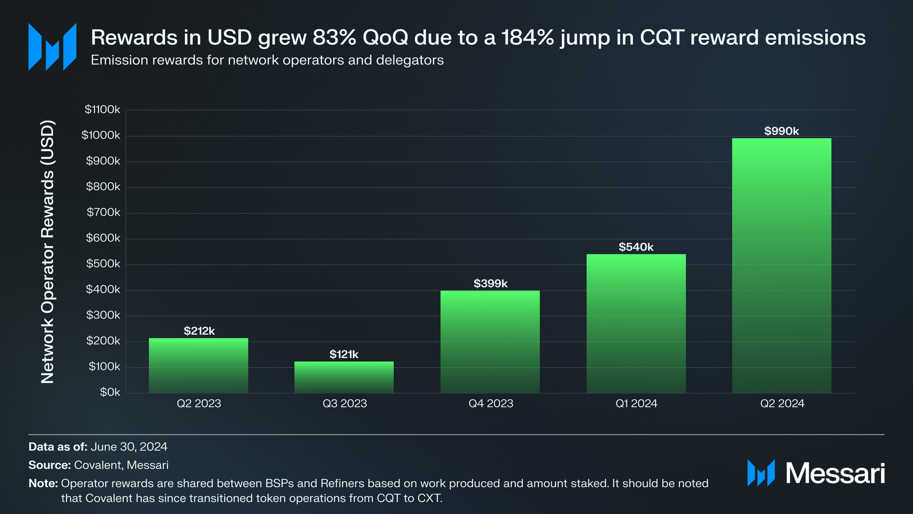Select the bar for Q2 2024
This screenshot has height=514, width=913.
(x=781, y=265)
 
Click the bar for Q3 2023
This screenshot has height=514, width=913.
(x=344, y=378)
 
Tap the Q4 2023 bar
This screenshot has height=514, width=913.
(x=490, y=342)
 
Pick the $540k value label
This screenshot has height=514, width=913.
(x=636, y=247)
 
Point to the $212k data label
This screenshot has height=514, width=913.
(x=199, y=331)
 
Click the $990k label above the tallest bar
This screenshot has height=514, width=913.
(x=781, y=131)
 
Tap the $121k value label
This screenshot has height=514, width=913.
(x=344, y=354)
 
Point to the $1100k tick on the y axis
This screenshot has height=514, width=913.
(x=102, y=110)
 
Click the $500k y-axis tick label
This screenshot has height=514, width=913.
(x=103, y=264)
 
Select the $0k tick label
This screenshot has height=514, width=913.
(x=110, y=392)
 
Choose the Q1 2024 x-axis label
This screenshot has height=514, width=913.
(x=636, y=404)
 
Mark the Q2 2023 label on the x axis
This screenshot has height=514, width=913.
(x=199, y=404)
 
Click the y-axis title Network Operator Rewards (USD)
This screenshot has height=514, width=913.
(x=48, y=252)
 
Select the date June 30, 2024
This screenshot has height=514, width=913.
(x=129, y=447)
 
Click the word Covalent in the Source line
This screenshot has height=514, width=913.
(x=98, y=465)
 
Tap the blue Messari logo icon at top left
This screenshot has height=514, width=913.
(x=52, y=47)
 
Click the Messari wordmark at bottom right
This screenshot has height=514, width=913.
(x=835, y=473)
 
